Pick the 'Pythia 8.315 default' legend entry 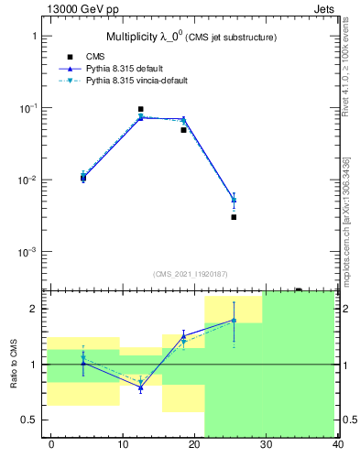pos(128,69)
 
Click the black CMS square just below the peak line pos(183,130)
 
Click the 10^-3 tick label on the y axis pos(27,252)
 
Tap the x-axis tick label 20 pos(194,444)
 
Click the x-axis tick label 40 pos(337,444)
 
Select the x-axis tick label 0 pos(51,444)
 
